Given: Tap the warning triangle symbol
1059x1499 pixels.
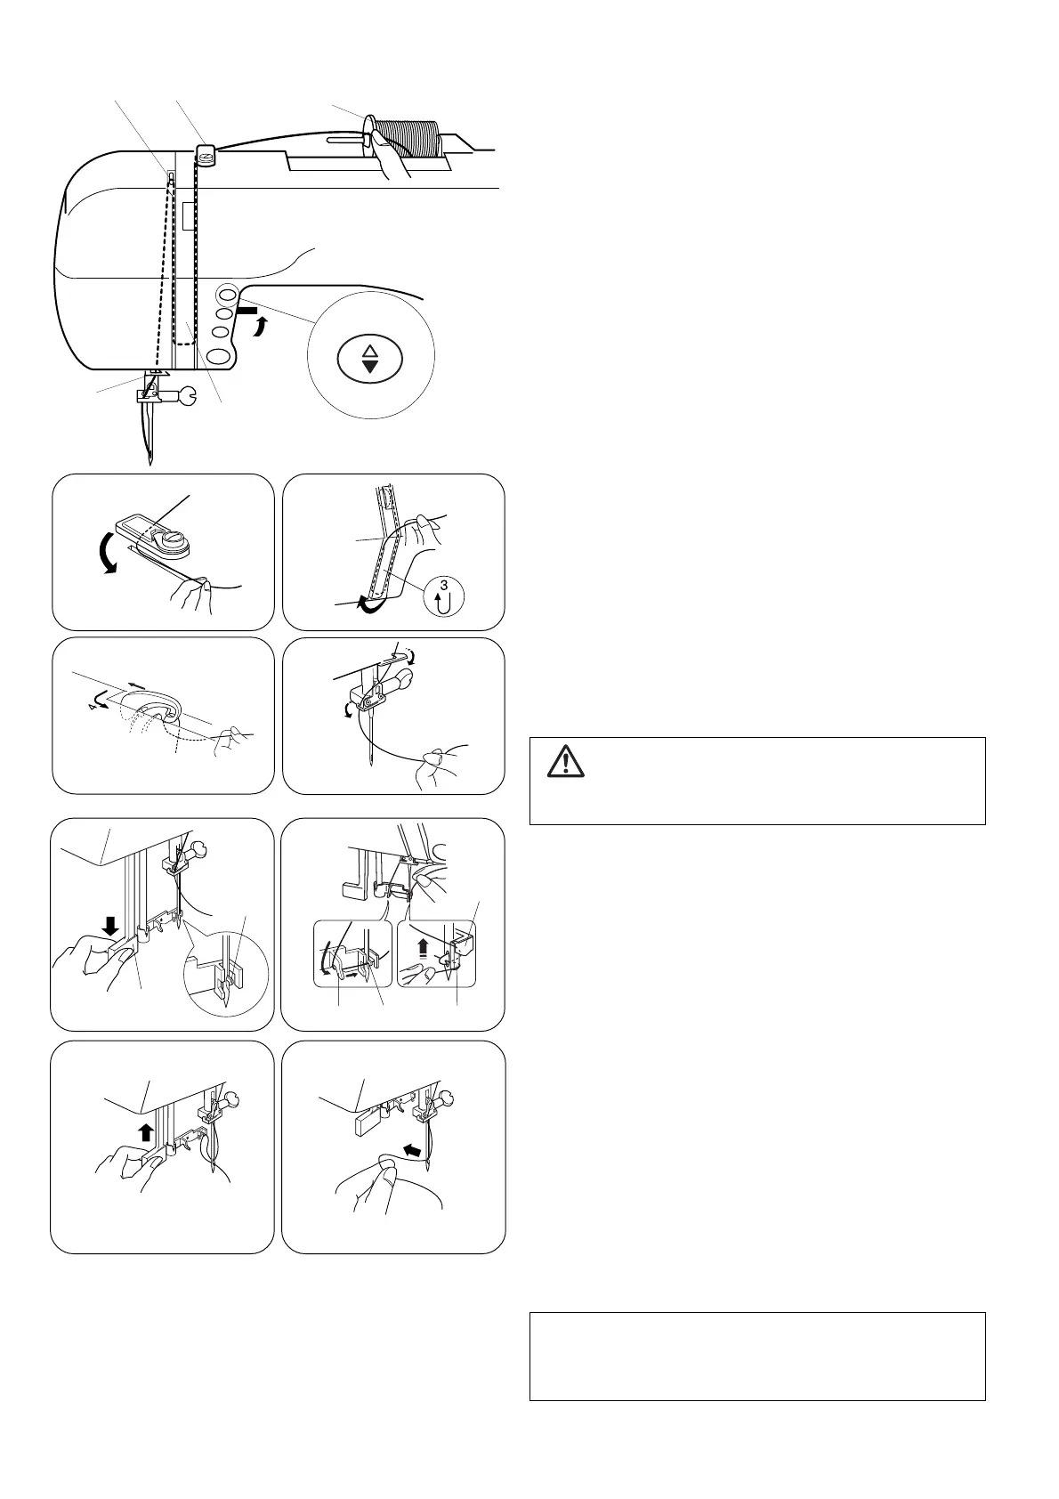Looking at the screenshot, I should click(565, 763).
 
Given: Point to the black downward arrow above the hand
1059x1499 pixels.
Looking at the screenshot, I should click(111, 928).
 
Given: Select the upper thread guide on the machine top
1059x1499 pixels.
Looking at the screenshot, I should click(206, 156).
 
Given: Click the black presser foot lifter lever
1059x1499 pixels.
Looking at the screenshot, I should click(243, 312).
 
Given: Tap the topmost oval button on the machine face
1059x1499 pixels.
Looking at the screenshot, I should click(227, 294).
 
